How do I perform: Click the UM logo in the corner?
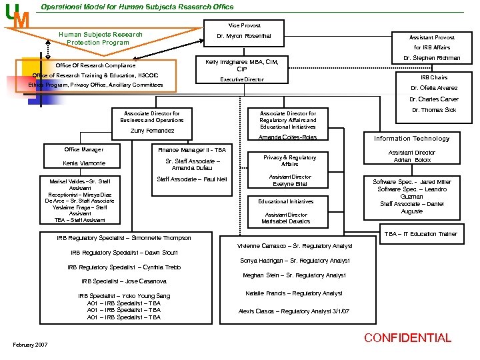17,16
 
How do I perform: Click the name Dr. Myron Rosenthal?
244,36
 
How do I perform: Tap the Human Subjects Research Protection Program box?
100,38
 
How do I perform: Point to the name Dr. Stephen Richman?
432,58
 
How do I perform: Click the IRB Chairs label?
434,77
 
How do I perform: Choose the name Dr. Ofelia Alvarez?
434,88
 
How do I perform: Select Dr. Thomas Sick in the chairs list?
434,110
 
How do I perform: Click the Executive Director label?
242,79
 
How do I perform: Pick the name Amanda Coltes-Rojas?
288,137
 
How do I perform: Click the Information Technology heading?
411,139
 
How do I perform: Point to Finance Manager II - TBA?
192,150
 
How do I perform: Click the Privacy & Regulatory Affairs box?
289,161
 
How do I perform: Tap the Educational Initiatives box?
285,201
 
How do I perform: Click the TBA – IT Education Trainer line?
419,234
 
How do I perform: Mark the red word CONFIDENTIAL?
407,338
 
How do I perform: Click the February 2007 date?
30,344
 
